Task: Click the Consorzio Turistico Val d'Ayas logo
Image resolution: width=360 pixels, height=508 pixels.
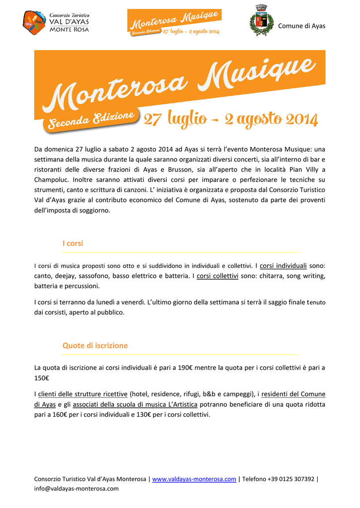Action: (56, 22)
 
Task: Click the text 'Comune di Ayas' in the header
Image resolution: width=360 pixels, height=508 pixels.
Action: (301, 26)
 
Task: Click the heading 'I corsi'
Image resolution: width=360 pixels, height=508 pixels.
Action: (72, 244)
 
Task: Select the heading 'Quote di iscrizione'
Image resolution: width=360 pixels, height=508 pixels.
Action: (95, 346)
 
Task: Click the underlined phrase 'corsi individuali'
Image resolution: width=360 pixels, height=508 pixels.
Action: (283, 266)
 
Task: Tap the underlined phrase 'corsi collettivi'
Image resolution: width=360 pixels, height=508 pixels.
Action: (217, 276)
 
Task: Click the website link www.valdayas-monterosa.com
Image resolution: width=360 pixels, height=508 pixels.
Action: (194, 479)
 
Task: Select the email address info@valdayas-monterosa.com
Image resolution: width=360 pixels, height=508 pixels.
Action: (76, 489)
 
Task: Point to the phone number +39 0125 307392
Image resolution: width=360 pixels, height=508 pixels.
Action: (289, 479)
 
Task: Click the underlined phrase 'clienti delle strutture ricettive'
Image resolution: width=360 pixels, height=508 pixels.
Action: (83, 394)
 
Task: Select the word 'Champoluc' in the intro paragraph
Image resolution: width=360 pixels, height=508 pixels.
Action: (53, 180)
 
